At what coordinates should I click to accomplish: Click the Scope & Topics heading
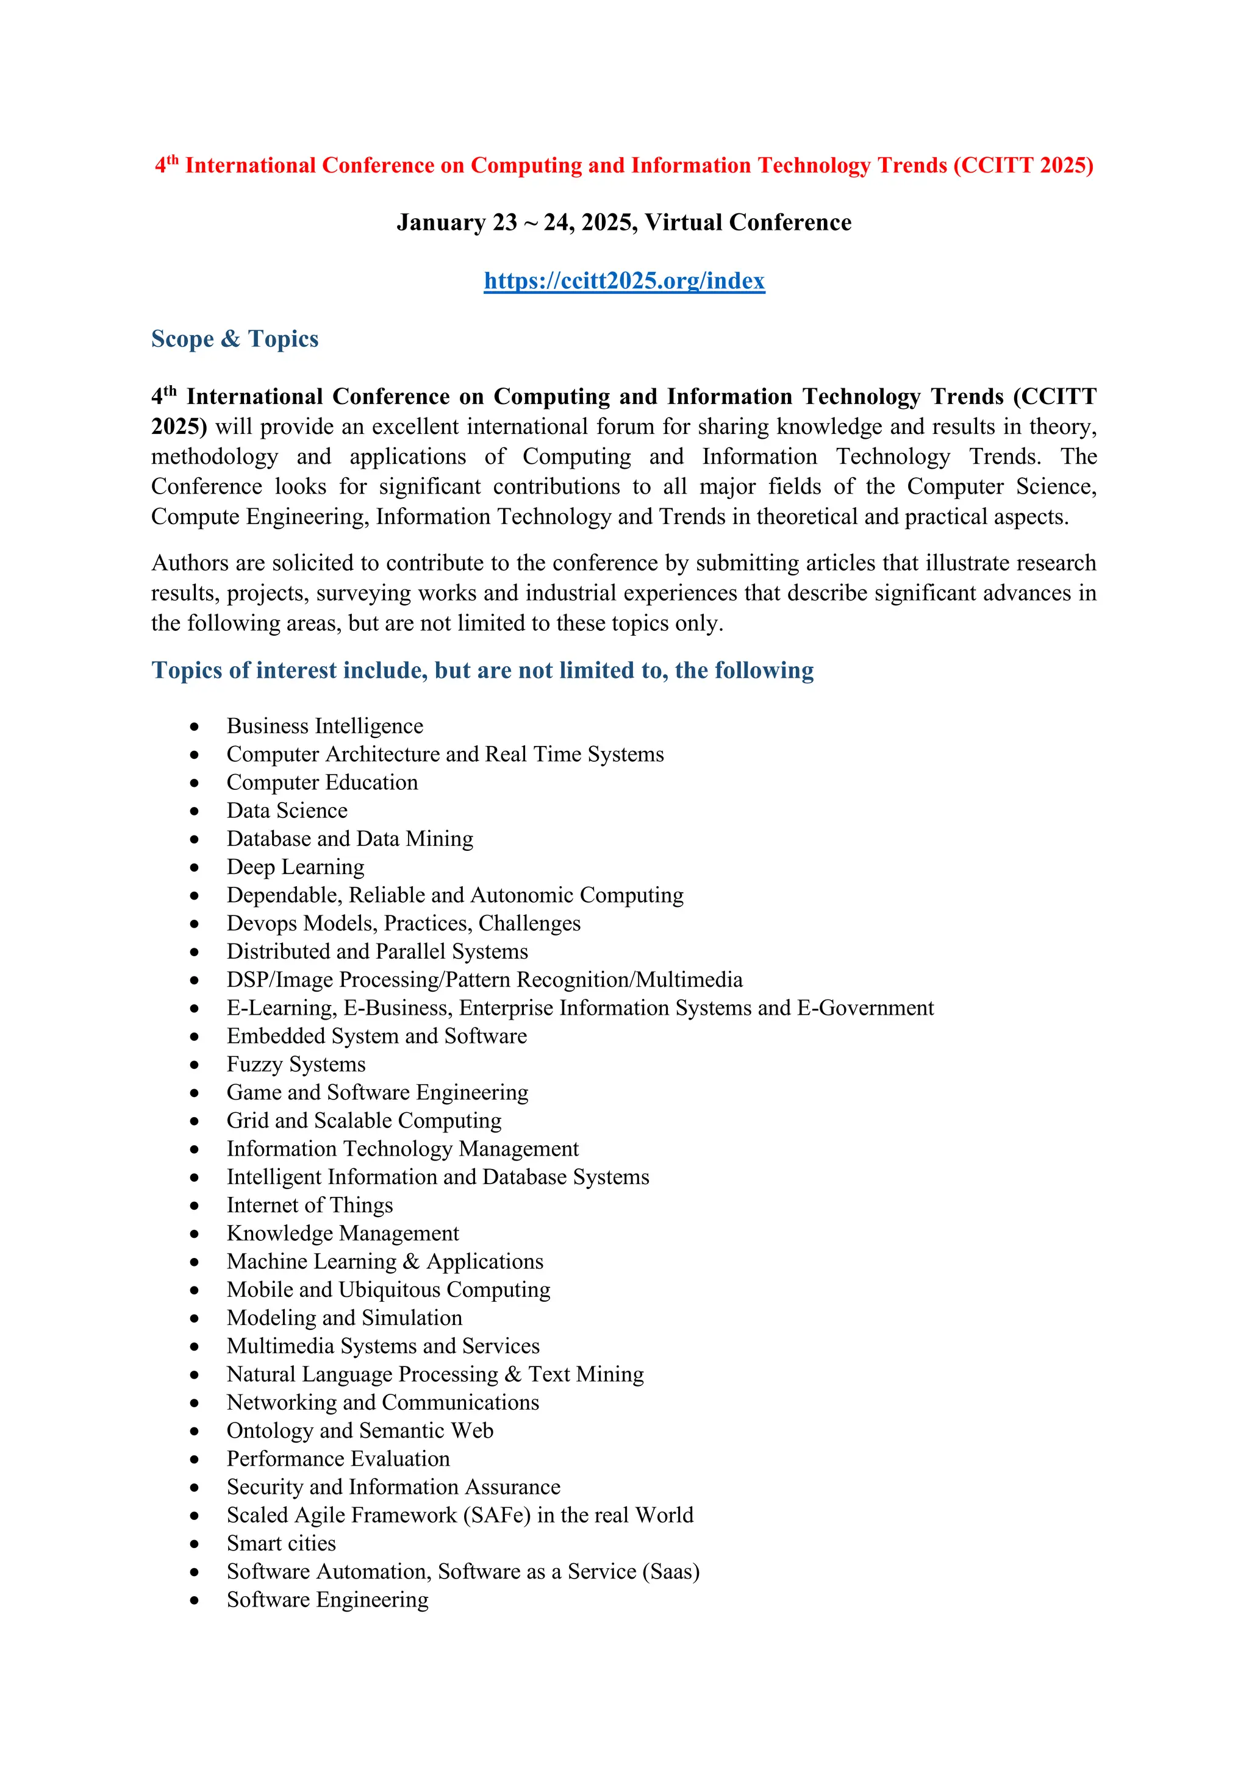(x=235, y=339)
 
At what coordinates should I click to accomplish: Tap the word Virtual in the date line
(x=683, y=223)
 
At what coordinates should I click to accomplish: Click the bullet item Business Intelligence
(x=324, y=726)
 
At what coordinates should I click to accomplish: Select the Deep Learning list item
(x=295, y=867)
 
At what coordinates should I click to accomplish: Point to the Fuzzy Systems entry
(x=296, y=1065)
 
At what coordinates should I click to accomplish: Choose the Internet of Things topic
(x=309, y=1206)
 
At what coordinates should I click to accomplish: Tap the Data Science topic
(x=287, y=811)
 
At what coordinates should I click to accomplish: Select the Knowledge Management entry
(x=342, y=1234)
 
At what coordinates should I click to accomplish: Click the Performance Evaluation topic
(x=338, y=1459)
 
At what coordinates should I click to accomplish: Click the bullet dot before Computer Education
(x=195, y=783)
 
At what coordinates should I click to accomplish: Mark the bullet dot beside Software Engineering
(x=195, y=1600)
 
